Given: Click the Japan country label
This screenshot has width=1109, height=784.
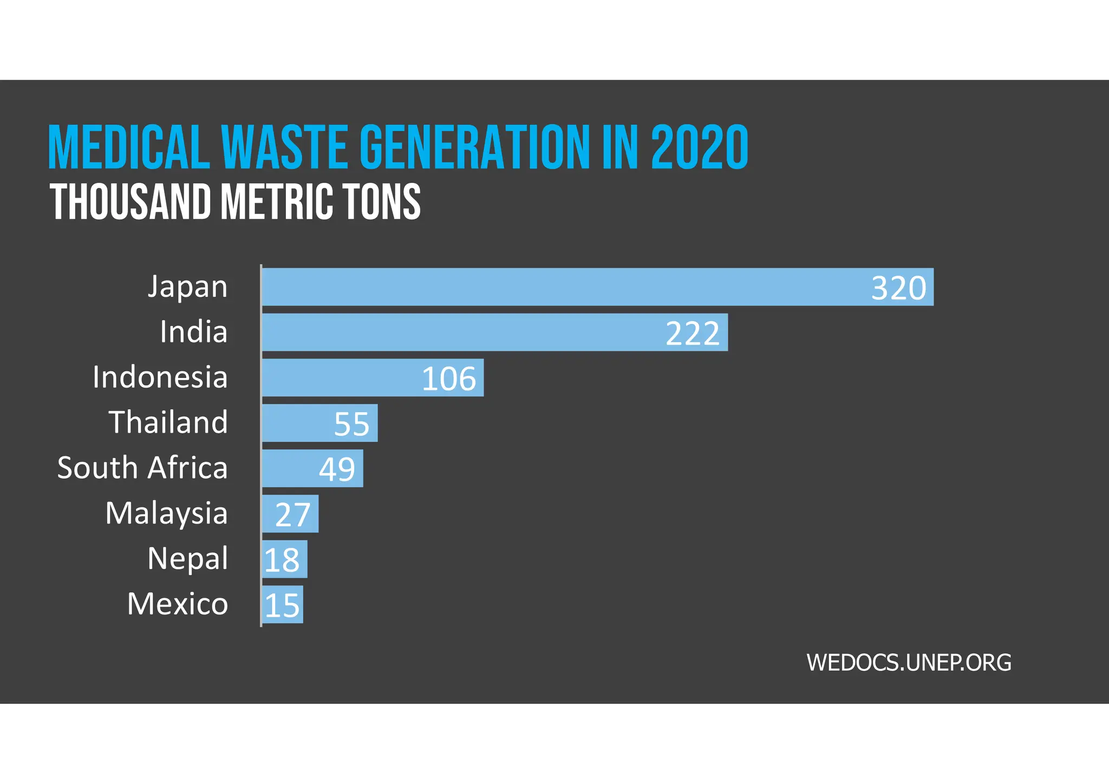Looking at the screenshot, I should pyautogui.click(x=187, y=287).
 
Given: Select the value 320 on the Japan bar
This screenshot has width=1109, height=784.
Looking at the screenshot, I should pyautogui.click(x=898, y=288).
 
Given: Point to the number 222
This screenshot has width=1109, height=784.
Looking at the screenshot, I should pyautogui.click(x=693, y=334).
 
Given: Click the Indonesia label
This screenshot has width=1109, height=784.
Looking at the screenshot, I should pyautogui.click(x=160, y=377).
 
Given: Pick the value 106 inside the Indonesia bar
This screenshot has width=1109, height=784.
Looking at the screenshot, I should pyautogui.click(x=448, y=379).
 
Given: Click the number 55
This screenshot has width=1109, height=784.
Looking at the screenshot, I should pyautogui.click(x=351, y=424).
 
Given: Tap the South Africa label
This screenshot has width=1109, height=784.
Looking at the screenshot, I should pyautogui.click(x=142, y=468).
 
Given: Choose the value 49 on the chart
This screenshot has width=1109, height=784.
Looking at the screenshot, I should pyautogui.click(x=337, y=469).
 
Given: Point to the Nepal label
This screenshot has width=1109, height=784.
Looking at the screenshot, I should pyautogui.click(x=187, y=559).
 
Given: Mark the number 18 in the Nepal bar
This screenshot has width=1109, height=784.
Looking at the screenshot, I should pyautogui.click(x=282, y=560).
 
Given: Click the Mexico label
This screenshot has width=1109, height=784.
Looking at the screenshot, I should pyautogui.click(x=178, y=604).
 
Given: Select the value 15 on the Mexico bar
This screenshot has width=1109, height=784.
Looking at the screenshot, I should pyautogui.click(x=282, y=605).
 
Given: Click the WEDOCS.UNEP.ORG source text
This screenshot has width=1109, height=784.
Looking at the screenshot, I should pyautogui.click(x=909, y=663).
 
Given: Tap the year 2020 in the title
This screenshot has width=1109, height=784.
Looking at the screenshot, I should pyautogui.click(x=699, y=147).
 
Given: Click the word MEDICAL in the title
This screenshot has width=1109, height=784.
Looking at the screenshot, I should pyautogui.click(x=129, y=147).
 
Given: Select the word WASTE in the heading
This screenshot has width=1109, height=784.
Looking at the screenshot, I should pyautogui.click(x=284, y=147).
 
